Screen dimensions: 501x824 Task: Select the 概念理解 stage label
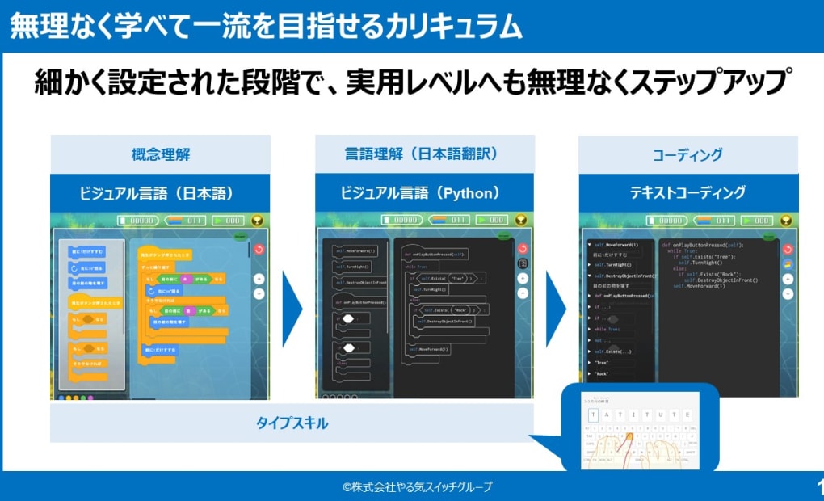tap(161, 154)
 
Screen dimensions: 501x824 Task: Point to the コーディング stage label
tap(687, 154)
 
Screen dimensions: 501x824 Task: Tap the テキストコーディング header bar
tap(687, 193)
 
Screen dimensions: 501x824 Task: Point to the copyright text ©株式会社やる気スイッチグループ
tap(417, 486)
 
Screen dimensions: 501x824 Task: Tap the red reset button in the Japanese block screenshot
tap(259, 250)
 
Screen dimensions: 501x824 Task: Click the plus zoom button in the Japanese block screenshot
tap(259, 278)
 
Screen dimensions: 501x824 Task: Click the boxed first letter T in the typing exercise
tap(594, 415)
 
